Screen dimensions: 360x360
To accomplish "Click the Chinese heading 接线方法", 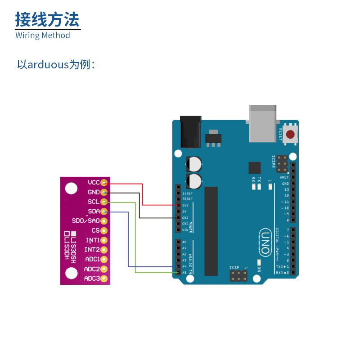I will (47, 20).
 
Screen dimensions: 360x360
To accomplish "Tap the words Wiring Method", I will (43, 35).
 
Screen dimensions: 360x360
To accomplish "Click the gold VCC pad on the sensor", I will (104, 183).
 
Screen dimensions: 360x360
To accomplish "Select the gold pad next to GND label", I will (104, 192).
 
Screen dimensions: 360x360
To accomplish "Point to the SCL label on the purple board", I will (94, 202).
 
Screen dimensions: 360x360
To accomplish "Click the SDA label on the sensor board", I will (94, 211).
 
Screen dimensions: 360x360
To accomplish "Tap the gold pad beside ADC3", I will (104, 279).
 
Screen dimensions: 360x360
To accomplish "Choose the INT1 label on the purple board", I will (92, 240).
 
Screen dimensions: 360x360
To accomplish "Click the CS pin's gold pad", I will (104, 230).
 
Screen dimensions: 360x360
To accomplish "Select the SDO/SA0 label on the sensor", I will (85, 221).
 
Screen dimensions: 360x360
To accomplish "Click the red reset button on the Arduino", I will (291, 134).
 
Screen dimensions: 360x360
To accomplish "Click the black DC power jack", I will (190, 131).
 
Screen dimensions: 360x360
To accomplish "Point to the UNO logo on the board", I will (265, 242).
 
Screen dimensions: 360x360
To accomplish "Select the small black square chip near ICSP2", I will (255, 168).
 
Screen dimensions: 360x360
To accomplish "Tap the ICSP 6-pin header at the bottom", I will (238, 276).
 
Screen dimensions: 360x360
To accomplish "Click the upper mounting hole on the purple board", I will (71, 188).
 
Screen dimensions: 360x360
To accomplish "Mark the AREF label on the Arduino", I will (285, 178).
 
